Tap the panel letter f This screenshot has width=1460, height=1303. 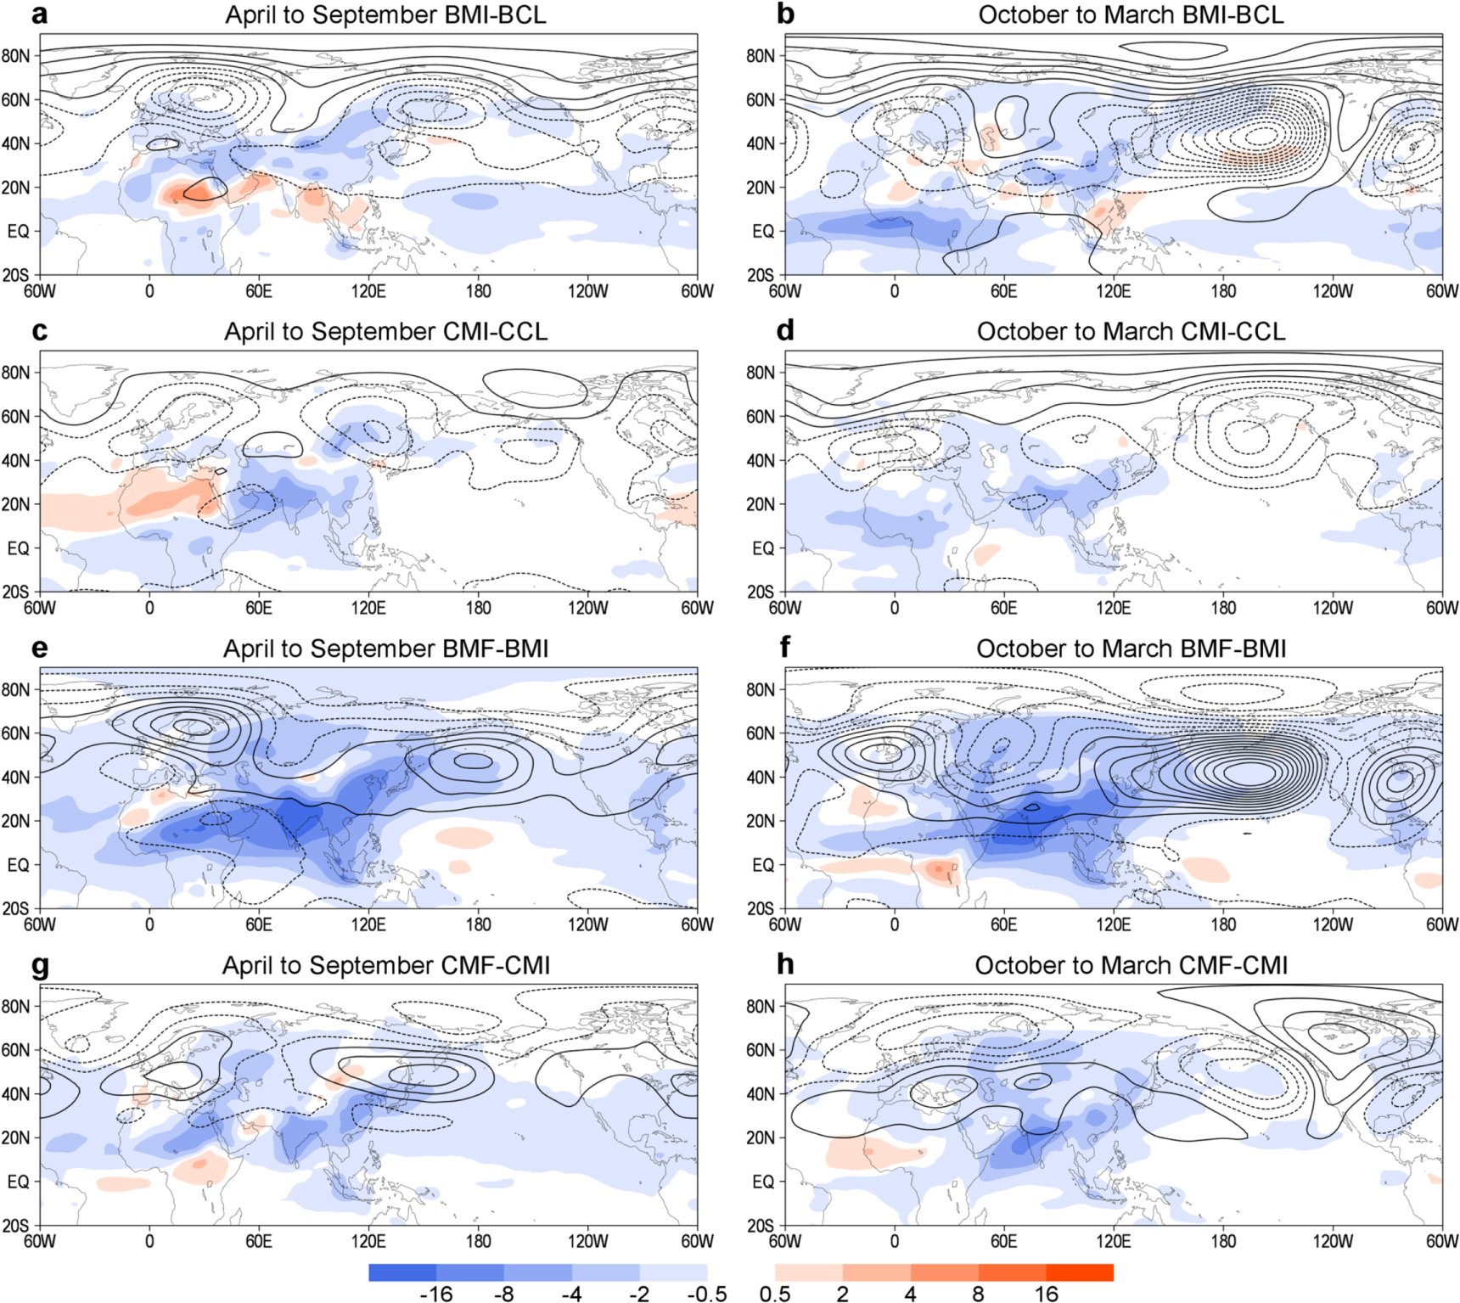[784, 648]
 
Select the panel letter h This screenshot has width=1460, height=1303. [785, 964]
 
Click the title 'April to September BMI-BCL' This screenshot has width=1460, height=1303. [385, 14]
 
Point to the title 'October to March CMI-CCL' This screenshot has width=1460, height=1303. [1131, 331]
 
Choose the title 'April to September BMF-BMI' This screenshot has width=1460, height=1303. [385, 649]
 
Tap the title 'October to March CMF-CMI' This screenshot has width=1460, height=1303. [1131, 965]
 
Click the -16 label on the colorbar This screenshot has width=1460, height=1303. [435, 1293]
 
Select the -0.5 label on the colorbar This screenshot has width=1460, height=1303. [706, 1293]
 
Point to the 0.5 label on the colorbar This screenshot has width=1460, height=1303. [775, 1293]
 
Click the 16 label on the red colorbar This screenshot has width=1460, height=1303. [1046, 1293]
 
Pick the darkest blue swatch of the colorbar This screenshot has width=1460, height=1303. [402, 1272]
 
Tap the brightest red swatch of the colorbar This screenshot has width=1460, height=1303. [1079, 1272]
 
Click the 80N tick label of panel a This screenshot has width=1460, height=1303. [15, 56]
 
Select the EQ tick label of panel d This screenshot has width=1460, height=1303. [763, 548]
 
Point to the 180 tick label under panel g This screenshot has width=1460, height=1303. [478, 1241]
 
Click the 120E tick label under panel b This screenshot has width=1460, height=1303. [1113, 291]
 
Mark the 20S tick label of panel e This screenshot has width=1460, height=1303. [15, 908]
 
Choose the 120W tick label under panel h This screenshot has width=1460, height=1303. [1333, 1241]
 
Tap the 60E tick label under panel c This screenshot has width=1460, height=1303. [259, 608]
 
